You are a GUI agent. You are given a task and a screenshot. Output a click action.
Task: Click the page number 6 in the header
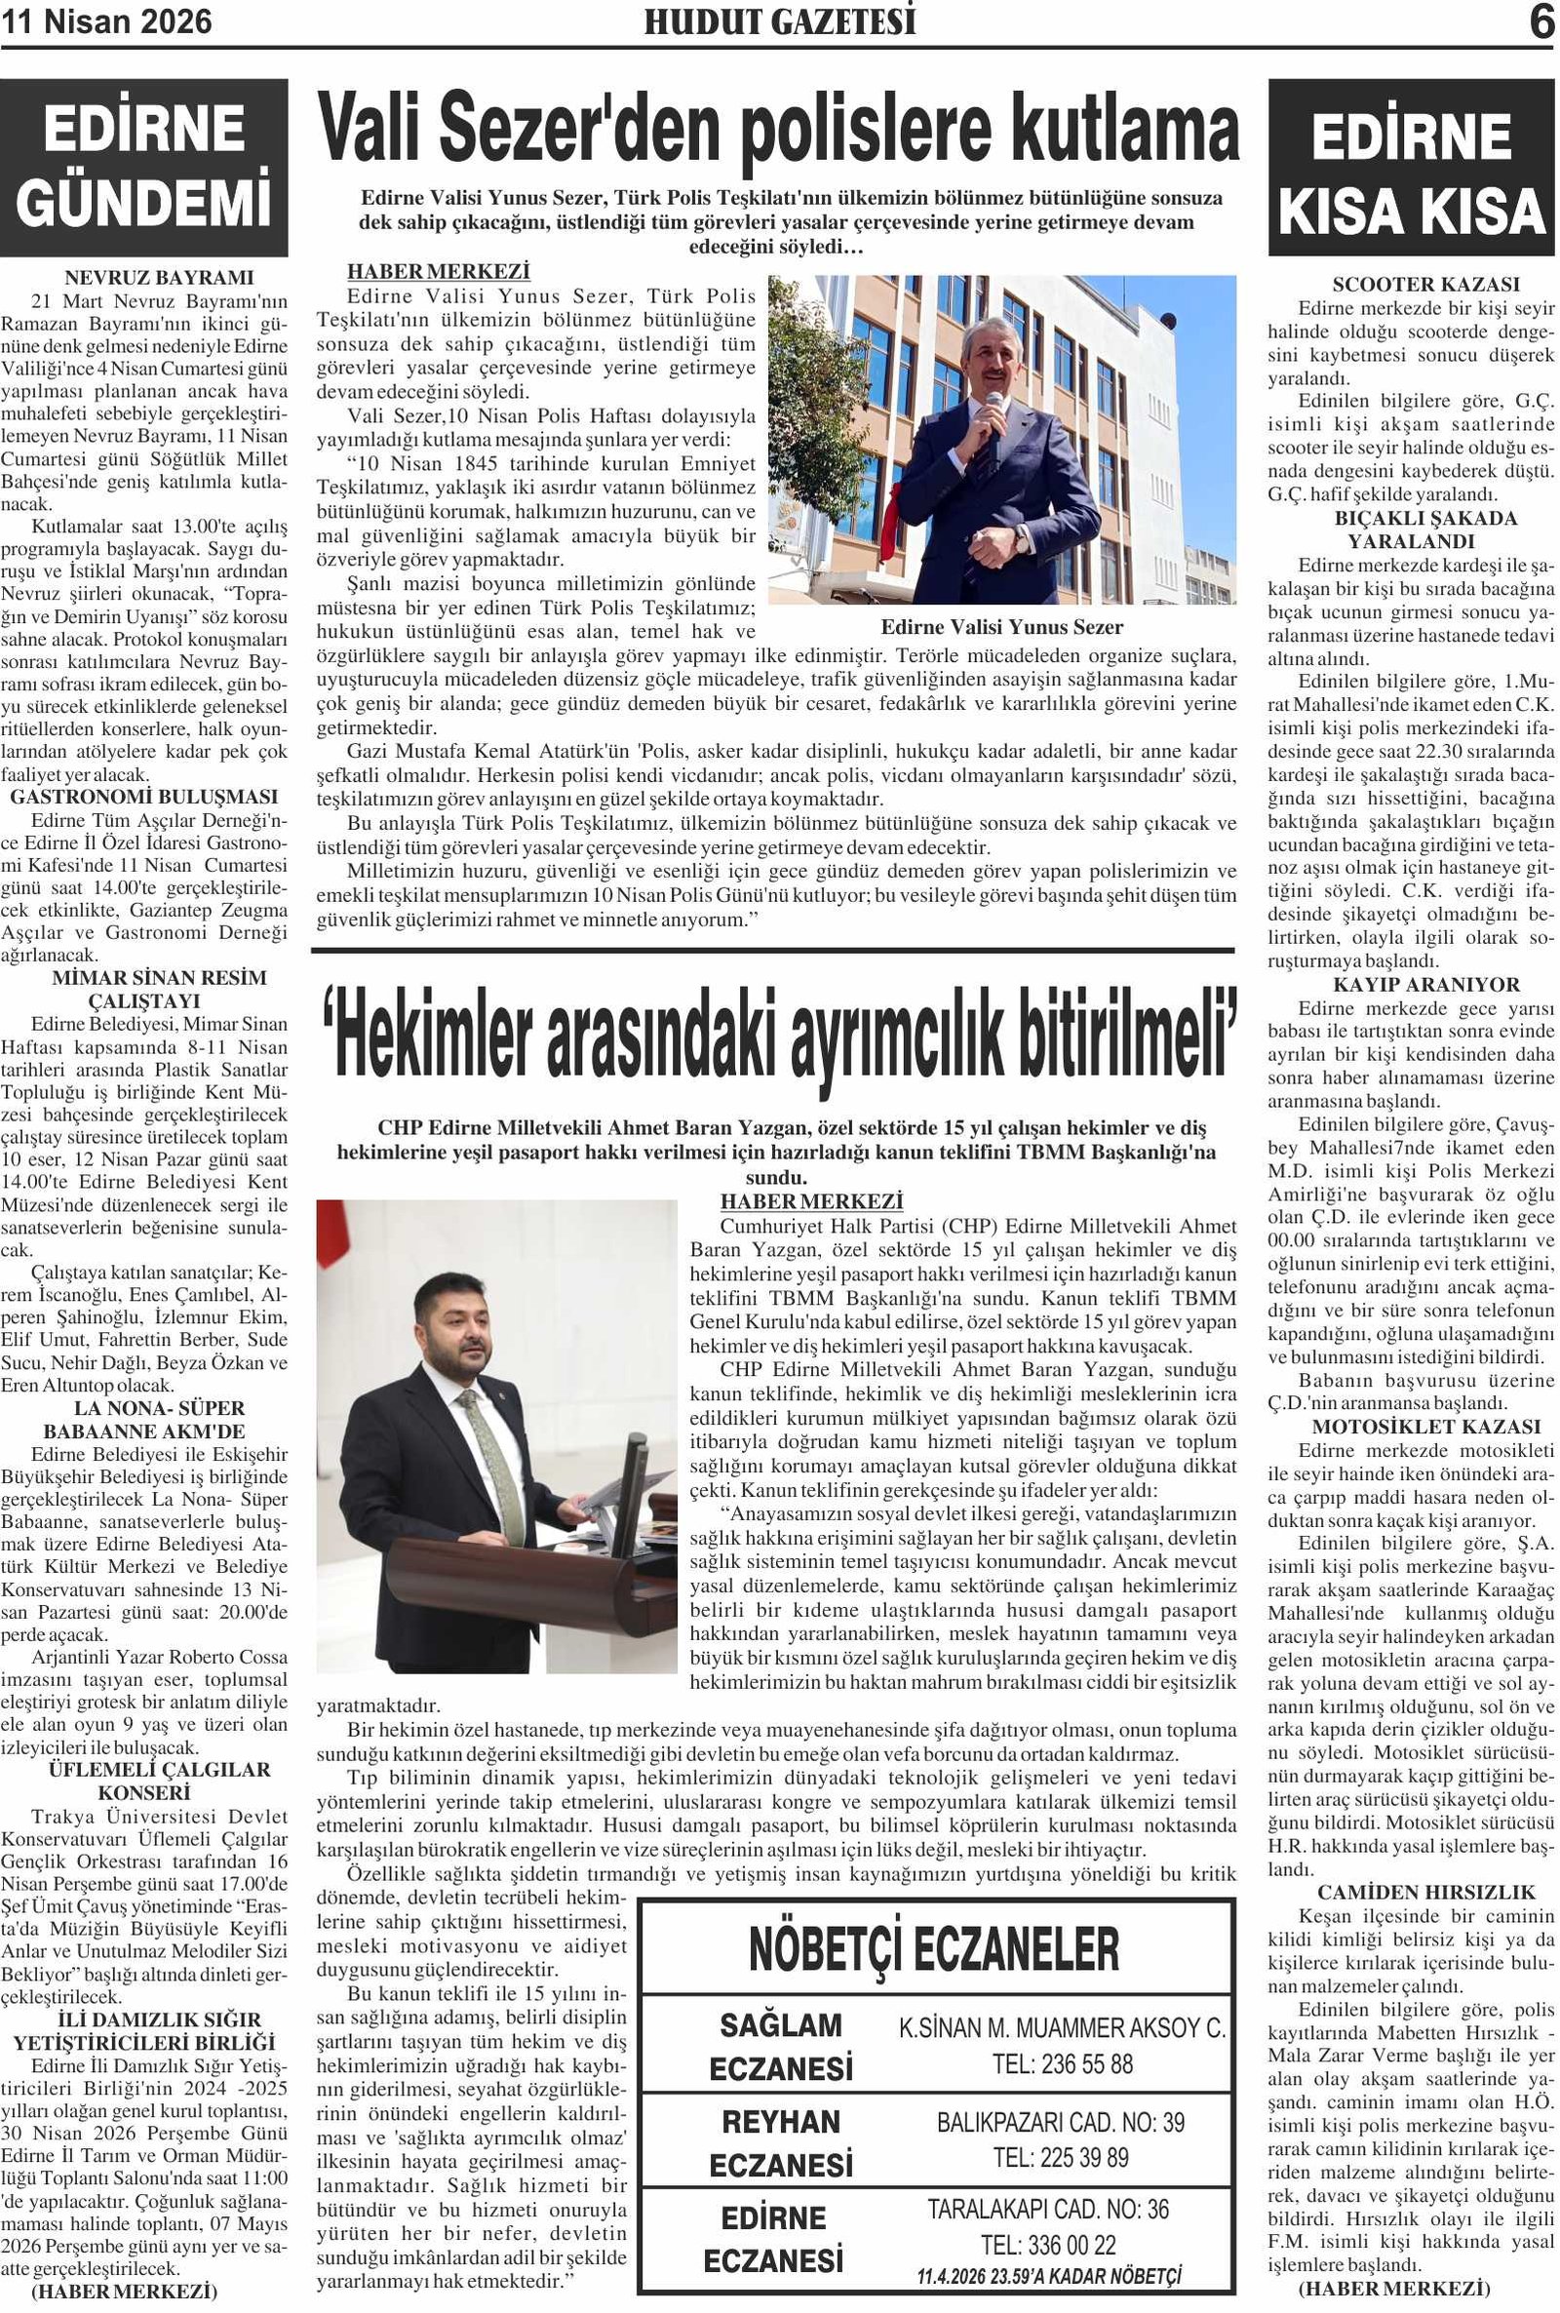tap(1541, 21)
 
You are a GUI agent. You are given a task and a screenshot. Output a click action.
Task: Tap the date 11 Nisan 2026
tap(106, 21)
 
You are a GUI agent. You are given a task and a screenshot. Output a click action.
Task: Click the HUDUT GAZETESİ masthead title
tap(780, 21)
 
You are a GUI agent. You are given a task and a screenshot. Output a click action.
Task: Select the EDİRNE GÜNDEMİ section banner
tap(144, 167)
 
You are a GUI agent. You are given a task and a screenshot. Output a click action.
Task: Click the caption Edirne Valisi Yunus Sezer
tap(1002, 628)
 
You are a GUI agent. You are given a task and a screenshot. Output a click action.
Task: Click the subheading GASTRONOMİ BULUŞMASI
tap(144, 797)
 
